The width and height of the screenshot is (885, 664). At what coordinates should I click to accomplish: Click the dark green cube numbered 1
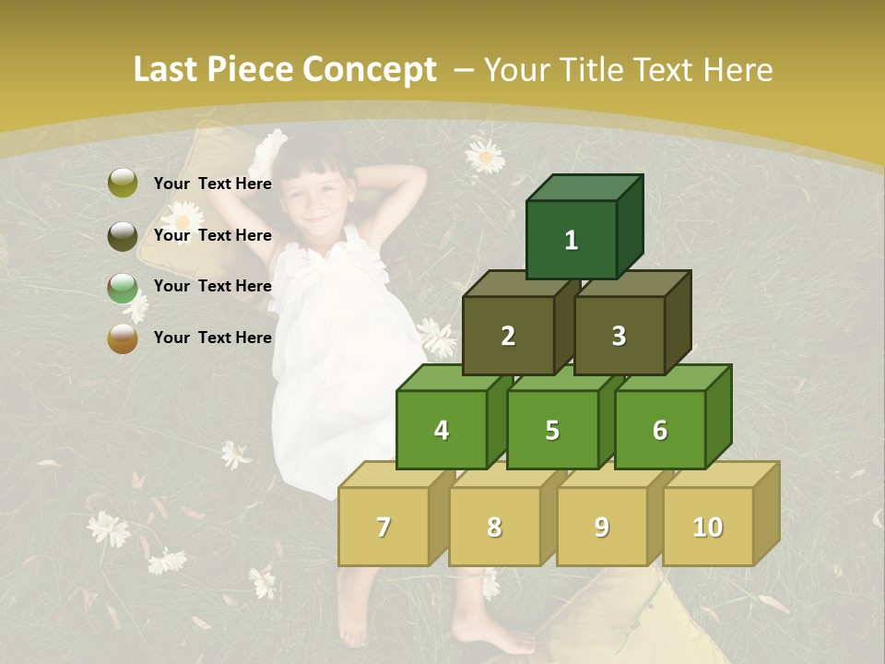(x=571, y=240)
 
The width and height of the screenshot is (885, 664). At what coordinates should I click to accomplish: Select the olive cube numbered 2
(x=508, y=336)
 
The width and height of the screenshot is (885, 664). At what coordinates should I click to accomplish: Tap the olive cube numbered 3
(x=619, y=336)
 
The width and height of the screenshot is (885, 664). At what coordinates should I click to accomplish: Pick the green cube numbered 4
(x=442, y=430)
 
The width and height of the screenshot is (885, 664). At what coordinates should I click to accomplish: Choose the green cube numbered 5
(x=551, y=430)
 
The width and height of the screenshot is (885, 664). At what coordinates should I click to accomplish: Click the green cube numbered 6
(x=659, y=430)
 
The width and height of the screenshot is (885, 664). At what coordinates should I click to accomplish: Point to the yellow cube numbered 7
(x=383, y=527)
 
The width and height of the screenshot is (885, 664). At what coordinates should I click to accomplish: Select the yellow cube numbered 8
(x=494, y=527)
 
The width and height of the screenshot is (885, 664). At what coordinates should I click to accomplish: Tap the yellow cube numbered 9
(x=601, y=527)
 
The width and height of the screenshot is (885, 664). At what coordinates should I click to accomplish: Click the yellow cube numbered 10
(x=707, y=527)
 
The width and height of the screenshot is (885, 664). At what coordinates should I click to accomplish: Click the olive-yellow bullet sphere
(x=123, y=184)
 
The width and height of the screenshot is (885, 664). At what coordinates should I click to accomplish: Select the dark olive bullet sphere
(x=123, y=235)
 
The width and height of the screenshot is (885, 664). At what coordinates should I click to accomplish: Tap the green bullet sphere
(x=123, y=287)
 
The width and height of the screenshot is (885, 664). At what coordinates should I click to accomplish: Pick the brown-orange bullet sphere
(x=123, y=338)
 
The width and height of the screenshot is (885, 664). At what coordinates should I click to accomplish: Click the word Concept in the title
(x=370, y=70)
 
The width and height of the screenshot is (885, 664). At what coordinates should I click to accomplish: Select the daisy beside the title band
(x=485, y=156)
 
